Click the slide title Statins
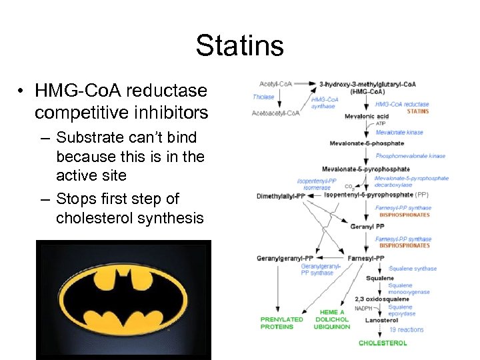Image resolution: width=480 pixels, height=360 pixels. pyautogui.click(x=240, y=46)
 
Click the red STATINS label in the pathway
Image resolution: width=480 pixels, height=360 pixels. pyautogui.click(x=417, y=111)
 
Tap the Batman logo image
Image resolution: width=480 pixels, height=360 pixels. pyautogui.click(x=123, y=299)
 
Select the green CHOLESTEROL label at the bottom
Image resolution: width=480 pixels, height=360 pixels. pyautogui.click(x=383, y=343)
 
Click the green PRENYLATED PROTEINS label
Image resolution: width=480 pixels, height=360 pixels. pyautogui.click(x=281, y=323)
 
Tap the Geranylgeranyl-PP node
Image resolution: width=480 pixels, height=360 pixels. pyautogui.click(x=285, y=257)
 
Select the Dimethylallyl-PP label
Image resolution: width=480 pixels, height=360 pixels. pyautogui.click(x=280, y=196)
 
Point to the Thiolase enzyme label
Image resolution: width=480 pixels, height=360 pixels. pyautogui.click(x=263, y=97)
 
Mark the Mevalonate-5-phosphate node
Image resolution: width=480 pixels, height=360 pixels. pyautogui.click(x=367, y=143)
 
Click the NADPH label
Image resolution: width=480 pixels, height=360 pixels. pyautogui.click(x=363, y=308)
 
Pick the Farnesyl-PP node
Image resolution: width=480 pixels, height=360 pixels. pyautogui.click(x=365, y=257)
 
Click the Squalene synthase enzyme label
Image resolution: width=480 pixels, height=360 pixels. pyautogui.click(x=413, y=269)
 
